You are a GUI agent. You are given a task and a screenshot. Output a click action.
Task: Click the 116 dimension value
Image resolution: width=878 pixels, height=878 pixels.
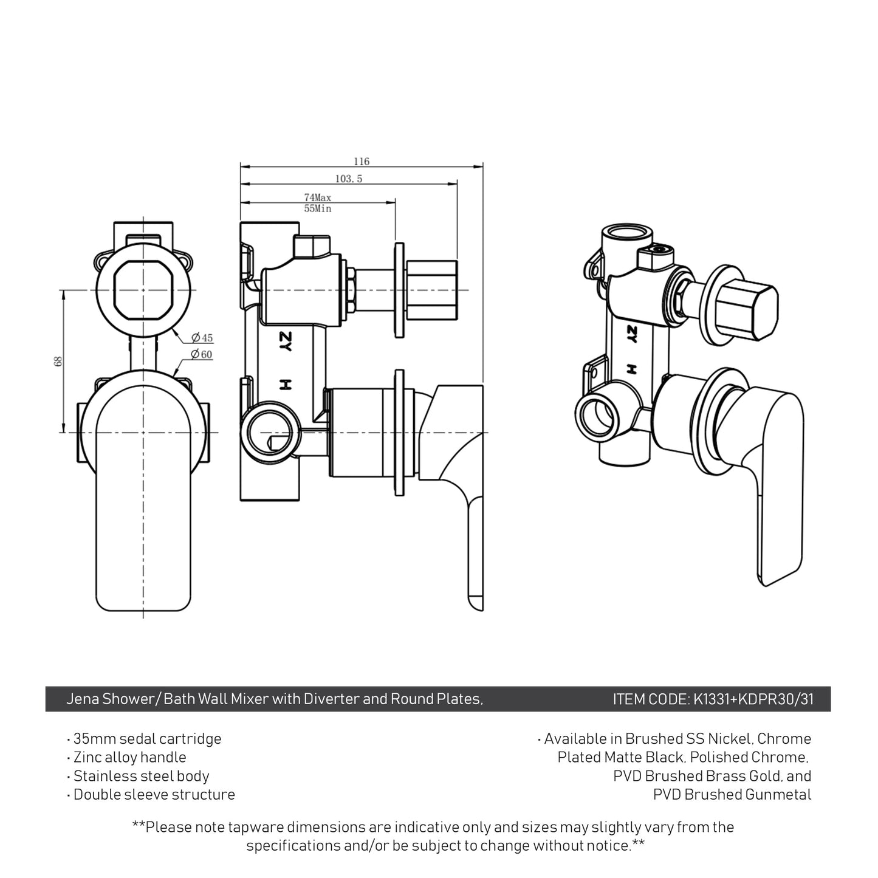tap(361, 162)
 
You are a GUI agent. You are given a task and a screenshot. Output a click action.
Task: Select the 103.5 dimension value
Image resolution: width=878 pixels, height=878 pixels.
tap(348, 179)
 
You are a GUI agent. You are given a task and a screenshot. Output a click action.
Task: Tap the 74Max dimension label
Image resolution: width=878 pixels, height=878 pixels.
tap(317, 197)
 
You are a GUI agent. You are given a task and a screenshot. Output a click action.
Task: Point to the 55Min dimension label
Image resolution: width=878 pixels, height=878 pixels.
tap(317, 208)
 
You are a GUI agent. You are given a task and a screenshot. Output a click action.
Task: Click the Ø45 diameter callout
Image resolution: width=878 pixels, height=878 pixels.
tap(202, 338)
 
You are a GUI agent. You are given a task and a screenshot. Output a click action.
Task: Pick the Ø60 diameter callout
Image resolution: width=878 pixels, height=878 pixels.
tap(202, 354)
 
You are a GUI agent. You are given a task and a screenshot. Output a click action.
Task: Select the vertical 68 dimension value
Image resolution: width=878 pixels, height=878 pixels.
tap(58, 361)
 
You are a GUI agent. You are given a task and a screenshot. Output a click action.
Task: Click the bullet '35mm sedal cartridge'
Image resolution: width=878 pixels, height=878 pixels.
tap(147, 739)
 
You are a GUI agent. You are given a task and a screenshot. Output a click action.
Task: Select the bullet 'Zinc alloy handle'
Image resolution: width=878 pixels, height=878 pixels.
tap(129, 757)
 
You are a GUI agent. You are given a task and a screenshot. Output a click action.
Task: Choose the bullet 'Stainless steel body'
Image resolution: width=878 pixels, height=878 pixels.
tap(141, 776)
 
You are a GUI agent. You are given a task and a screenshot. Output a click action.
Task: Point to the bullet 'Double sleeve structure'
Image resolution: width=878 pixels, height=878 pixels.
tap(154, 794)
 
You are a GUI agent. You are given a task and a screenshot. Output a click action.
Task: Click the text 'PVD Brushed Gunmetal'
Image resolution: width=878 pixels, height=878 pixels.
tap(732, 794)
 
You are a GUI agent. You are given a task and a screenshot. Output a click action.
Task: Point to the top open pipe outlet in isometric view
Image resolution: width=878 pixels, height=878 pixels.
tap(620, 235)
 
